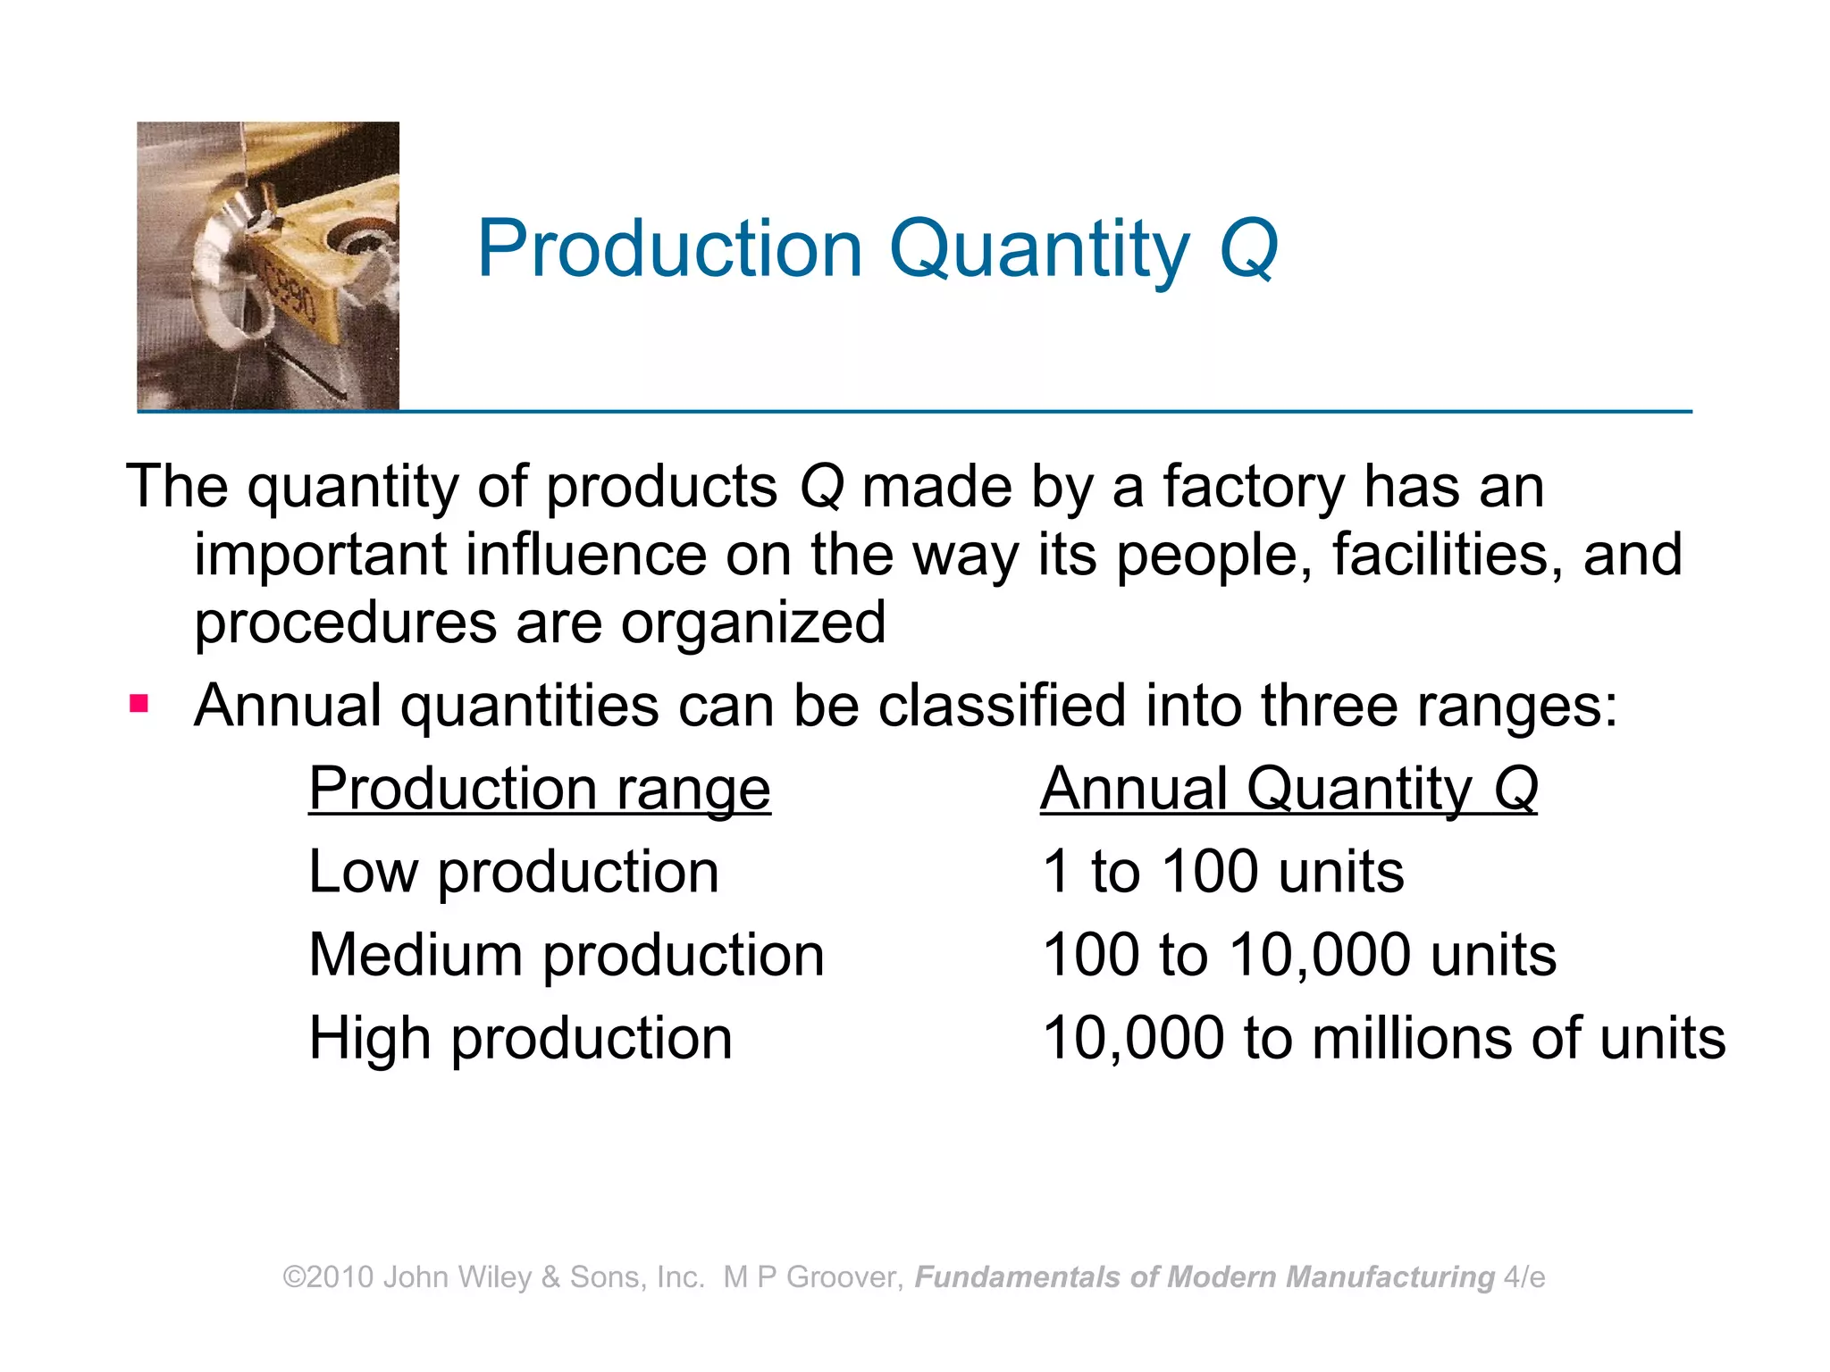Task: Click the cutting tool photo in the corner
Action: coord(268,266)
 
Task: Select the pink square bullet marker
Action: coord(139,704)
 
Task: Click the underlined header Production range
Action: coord(539,789)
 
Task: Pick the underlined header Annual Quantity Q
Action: coord(1289,789)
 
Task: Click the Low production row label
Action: coord(513,872)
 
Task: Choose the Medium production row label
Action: coord(566,955)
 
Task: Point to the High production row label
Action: coord(520,1038)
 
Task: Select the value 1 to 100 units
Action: coord(1222,872)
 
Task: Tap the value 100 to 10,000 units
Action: coord(1298,955)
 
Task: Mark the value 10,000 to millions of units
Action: coord(1383,1038)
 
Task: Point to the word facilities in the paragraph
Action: coord(1447,555)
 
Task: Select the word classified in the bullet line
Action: coord(1002,706)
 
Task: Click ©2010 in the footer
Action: coord(328,1277)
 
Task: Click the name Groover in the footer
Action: coord(844,1277)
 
